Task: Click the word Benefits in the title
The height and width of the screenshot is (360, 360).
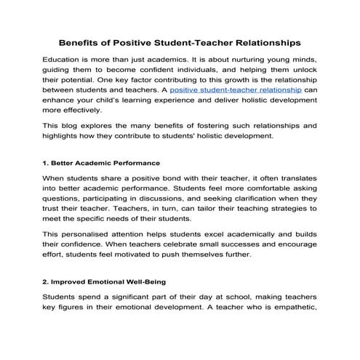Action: pos(81,42)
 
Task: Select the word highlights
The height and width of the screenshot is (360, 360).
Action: pos(64,137)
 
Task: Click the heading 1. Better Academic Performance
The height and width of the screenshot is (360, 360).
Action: pos(101,162)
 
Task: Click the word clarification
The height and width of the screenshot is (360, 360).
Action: pos(268,203)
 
